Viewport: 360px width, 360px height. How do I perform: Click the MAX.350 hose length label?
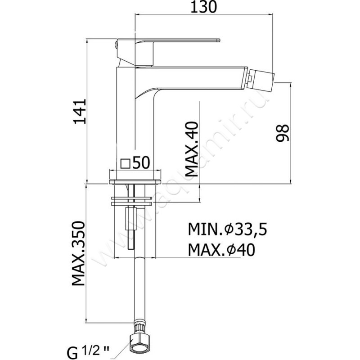(x=79, y=254)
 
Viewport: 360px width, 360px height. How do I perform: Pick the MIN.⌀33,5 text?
(x=227, y=230)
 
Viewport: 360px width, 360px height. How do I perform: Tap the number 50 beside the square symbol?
(x=141, y=162)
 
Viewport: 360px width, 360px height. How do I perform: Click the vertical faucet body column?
(x=135, y=126)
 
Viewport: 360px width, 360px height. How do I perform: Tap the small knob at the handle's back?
(x=117, y=45)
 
